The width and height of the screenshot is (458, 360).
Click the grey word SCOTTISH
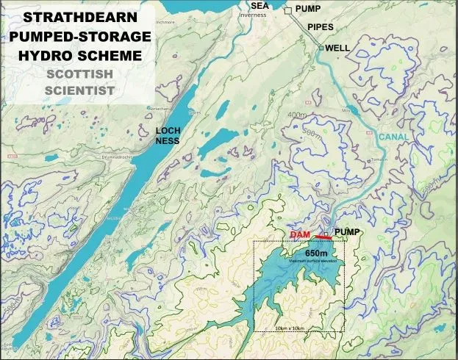pyautogui.click(x=77, y=73)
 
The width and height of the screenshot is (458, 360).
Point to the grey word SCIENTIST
pyautogui.click(x=77, y=90)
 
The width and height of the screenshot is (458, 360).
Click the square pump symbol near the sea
pyautogui.click(x=289, y=9)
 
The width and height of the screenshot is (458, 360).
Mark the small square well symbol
pyautogui.click(x=321, y=48)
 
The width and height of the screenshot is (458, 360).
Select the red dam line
pyautogui.click(x=321, y=237)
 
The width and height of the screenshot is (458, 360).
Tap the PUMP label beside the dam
pyautogui.click(x=348, y=232)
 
